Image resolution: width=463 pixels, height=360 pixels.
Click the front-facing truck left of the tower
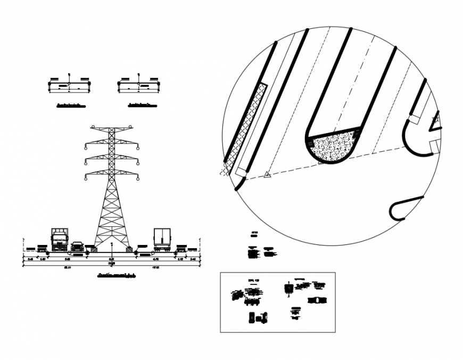59,240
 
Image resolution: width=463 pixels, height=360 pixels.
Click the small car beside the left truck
77,246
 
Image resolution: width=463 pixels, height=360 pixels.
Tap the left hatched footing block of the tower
93,248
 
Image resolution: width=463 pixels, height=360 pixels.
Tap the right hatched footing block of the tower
129,248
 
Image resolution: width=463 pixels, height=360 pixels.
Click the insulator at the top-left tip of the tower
93,127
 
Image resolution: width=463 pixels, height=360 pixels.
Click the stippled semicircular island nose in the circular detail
333,148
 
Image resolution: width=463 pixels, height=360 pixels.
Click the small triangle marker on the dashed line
268,174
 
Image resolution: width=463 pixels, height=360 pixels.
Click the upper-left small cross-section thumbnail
70,84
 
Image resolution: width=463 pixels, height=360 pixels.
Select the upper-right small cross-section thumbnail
138,84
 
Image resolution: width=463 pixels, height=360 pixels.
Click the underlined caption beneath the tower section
117,276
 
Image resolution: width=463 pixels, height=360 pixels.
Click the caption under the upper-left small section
70,105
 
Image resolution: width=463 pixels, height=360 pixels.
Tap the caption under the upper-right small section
142,105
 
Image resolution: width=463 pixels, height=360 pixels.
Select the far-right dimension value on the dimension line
193,259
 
